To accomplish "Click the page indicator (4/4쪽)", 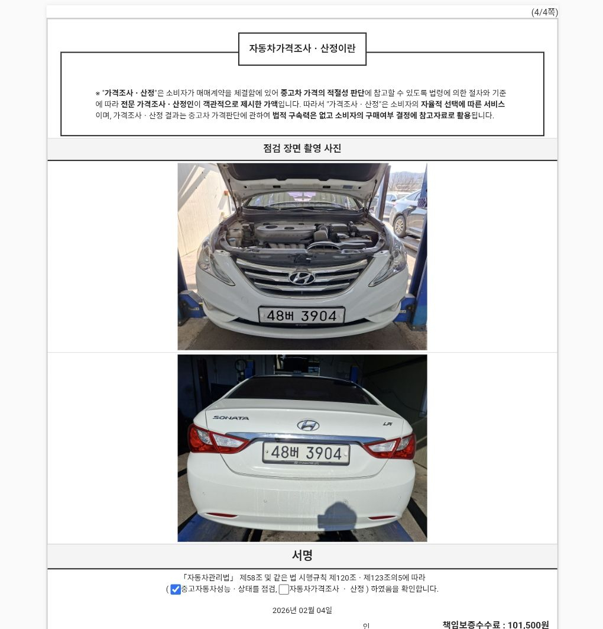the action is (x=544, y=12).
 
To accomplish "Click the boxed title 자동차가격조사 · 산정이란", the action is (x=302, y=49).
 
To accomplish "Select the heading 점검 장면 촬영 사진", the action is (x=302, y=149).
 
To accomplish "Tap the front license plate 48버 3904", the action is (x=301, y=316).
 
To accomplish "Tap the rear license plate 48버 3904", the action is (x=306, y=453).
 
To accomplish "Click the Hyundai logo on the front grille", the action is (x=301, y=278).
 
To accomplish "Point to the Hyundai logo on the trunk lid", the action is (x=308, y=425).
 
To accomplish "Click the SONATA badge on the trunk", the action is (x=231, y=418).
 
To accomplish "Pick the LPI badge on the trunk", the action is (x=387, y=424).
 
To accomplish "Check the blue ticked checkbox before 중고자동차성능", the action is (x=176, y=589).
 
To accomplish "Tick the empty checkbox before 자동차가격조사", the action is (x=284, y=589).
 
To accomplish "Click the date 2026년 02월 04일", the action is (x=302, y=610).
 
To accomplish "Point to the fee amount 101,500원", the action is (x=528, y=625).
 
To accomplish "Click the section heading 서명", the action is (x=302, y=556).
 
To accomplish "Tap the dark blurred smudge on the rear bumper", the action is (x=337, y=517).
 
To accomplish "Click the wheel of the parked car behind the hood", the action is (x=400, y=226).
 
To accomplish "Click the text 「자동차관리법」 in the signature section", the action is (x=208, y=578).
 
